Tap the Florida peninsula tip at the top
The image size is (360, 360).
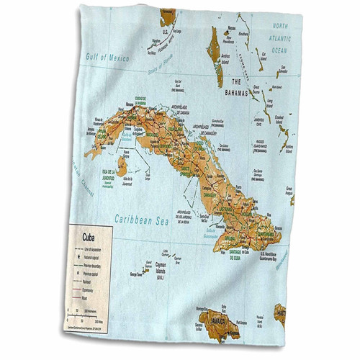169,14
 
